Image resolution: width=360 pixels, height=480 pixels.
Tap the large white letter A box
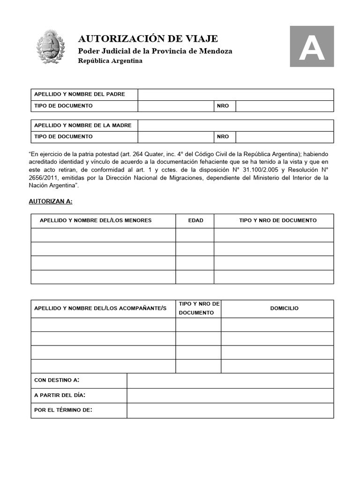click(312, 46)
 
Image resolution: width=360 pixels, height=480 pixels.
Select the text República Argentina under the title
click(110, 61)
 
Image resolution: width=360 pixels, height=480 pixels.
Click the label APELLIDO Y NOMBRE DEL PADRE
click(80, 94)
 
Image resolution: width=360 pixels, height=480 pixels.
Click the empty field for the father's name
click(235, 95)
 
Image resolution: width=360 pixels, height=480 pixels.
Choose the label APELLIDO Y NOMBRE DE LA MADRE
click(83, 125)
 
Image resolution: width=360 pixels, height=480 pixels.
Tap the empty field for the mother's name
click(235, 126)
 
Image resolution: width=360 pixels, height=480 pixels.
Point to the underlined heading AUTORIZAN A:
click(51, 201)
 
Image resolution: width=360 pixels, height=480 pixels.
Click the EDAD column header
click(195, 220)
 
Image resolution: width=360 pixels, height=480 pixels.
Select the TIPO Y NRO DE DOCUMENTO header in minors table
click(277, 220)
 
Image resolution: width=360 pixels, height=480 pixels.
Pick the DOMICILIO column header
click(284, 308)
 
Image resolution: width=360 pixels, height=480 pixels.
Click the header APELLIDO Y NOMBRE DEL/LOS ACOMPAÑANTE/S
click(100, 308)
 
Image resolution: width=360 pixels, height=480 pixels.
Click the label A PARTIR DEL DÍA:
click(60, 395)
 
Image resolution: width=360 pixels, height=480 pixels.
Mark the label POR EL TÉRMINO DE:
click(63, 410)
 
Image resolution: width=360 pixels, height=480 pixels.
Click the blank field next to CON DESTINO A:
click(230, 380)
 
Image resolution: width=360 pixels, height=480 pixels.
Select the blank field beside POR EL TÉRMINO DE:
click(230, 411)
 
